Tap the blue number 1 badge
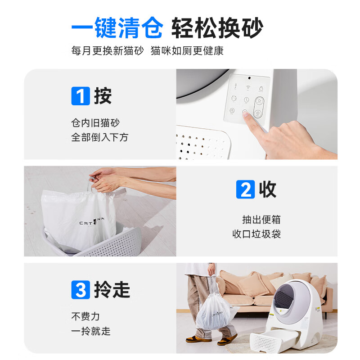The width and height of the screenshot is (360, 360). pyautogui.click(x=81, y=96)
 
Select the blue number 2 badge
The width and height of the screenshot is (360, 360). pyautogui.click(x=245, y=189)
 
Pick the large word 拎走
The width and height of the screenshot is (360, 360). pyautogui.click(x=112, y=289)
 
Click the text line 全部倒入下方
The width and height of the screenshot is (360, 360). pyautogui.click(x=99, y=137)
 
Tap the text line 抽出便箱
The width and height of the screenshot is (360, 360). pyautogui.click(x=261, y=220)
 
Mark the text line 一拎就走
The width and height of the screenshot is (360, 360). pyautogui.click(x=90, y=331)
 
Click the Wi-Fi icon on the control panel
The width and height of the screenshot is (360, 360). pyautogui.click(x=247, y=87)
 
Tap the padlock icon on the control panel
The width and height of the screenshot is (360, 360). pyautogui.click(x=261, y=87)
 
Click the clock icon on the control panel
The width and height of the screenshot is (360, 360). pyautogui.click(x=247, y=100)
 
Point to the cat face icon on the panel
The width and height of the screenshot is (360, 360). pyautogui.click(x=234, y=99)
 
